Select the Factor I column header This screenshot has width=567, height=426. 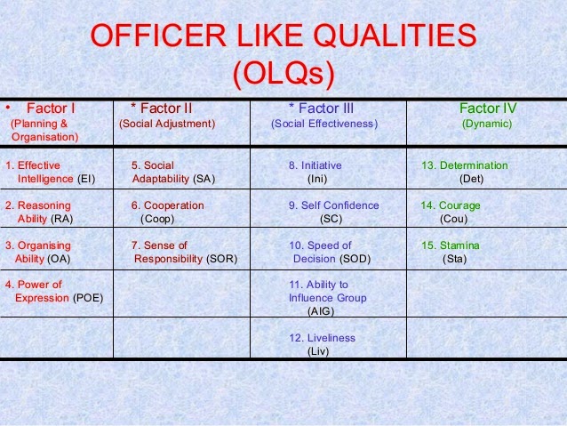tap(50, 109)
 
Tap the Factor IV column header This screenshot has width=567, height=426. tap(486, 109)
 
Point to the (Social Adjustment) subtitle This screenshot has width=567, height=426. tap(167, 124)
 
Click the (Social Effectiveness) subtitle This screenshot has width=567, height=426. tap(323, 124)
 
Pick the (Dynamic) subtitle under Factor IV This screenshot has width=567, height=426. tap(486, 124)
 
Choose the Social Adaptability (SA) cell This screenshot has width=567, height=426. tap(172, 173)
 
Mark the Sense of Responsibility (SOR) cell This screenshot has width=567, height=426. tap(183, 252)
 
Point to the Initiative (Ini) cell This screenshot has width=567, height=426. tap(315, 173)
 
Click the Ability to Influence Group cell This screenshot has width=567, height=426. tap(327, 298)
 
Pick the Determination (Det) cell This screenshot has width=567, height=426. tap(464, 173)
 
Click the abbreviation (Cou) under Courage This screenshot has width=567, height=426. tap(453, 219)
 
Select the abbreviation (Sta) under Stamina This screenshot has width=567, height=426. tap(453, 259)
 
